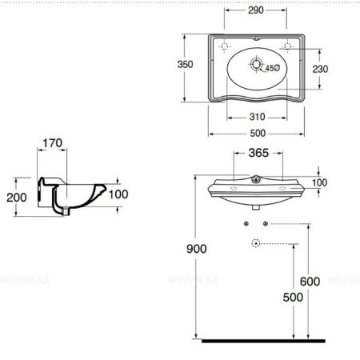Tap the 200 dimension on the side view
15,197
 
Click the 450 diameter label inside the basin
272,67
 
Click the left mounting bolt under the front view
246,222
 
